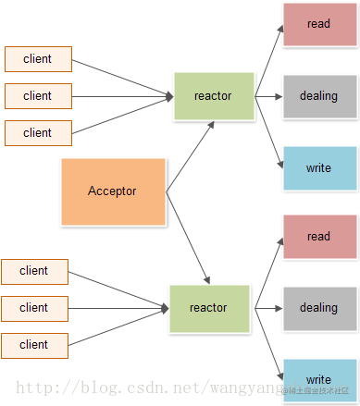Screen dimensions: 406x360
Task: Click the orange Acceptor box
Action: (113, 191)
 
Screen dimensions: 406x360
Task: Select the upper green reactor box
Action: (214, 96)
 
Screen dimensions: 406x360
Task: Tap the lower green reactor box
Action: (209, 308)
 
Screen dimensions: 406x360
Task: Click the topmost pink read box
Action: (318, 24)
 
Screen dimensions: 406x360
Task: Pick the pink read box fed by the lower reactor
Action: (318, 237)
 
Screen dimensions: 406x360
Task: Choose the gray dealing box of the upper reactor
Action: (318, 96)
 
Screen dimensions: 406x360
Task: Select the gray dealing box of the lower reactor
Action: (318, 308)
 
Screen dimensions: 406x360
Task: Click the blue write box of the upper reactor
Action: (318, 168)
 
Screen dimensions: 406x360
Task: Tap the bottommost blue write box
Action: (318, 379)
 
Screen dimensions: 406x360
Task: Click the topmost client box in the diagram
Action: (38, 59)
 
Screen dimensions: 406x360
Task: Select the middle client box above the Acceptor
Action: (38, 95)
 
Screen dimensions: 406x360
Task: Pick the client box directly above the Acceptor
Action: (38, 132)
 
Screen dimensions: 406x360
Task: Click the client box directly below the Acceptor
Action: (34, 271)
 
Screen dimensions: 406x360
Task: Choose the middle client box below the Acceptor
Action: (34, 307)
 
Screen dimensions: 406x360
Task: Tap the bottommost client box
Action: (34, 344)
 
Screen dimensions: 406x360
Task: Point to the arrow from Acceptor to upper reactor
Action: (191, 156)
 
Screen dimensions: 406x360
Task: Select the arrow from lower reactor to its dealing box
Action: (266, 308)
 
